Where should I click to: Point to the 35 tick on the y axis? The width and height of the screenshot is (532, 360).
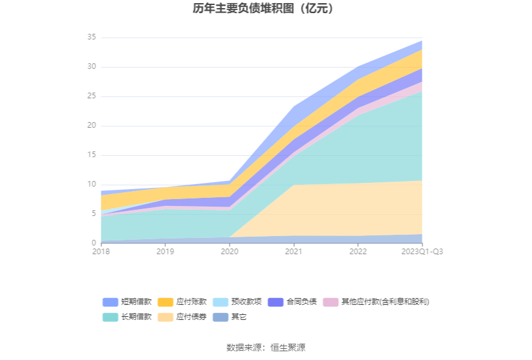coord(91,38)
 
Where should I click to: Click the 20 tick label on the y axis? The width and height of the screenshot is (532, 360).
coord(91,126)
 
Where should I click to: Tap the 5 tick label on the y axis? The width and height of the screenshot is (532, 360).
coord(93,213)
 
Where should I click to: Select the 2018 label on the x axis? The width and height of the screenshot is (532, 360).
coord(101,252)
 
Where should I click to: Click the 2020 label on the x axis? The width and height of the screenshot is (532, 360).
coord(229,252)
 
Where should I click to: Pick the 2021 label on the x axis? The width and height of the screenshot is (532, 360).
coord(294,252)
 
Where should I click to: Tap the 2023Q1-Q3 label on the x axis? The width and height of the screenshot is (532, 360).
coord(422,252)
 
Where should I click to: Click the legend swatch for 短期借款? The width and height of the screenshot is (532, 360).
coord(110,302)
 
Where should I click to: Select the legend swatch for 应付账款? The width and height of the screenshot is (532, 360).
coord(165,302)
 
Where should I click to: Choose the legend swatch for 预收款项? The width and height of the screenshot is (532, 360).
coord(220,302)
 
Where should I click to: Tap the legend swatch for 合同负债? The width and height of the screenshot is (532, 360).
coord(275,302)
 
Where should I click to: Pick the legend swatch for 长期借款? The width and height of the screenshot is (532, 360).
coord(110,317)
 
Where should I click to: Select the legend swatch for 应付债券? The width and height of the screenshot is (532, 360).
coord(165,317)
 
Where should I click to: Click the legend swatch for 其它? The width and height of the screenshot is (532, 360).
coord(220,317)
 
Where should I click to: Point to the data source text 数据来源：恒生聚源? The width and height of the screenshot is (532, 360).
coord(266,347)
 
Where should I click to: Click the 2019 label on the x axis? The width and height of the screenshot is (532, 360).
coord(165,252)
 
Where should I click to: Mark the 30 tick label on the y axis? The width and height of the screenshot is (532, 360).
coord(91,67)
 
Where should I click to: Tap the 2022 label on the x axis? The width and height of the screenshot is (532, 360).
coord(358,252)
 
